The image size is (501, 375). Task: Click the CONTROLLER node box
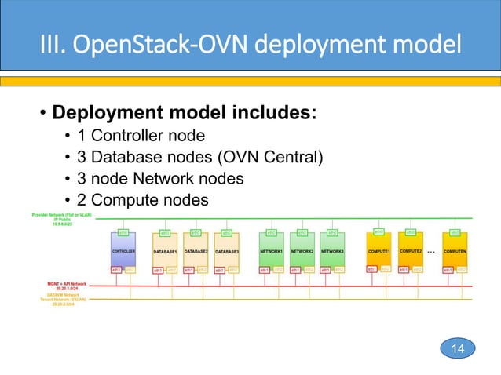123,252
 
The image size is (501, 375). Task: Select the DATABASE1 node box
166,252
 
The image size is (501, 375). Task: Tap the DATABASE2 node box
196,252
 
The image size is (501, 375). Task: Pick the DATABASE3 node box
226,252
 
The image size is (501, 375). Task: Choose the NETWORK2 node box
302,252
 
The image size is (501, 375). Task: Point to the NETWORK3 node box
332,252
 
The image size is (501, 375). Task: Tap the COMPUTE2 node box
410,252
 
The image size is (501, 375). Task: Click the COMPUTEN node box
455,252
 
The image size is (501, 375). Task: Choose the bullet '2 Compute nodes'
148,200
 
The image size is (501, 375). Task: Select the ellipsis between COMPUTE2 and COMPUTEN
431,253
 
